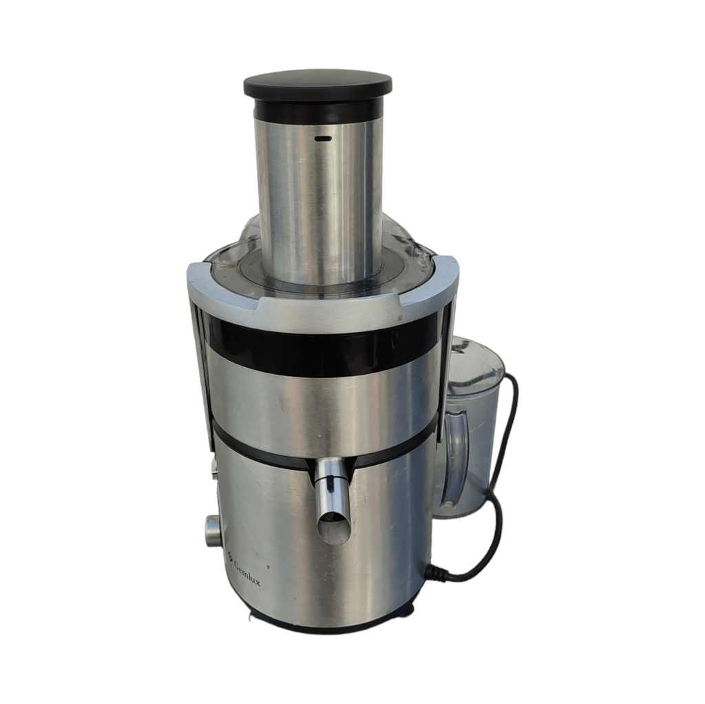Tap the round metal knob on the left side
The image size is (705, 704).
211,531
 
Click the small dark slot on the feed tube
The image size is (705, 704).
323,138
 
